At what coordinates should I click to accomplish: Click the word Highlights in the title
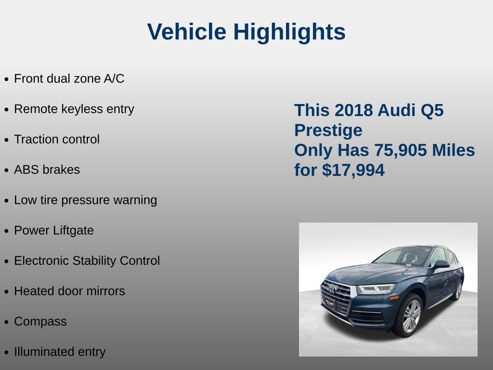[x=289, y=32]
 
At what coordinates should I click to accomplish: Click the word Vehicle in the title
[x=187, y=32]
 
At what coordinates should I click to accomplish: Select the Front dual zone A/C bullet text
[x=69, y=79]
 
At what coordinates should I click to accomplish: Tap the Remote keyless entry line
[x=74, y=109]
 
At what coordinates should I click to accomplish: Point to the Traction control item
[x=57, y=139]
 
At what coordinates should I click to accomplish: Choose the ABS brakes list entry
[x=47, y=170]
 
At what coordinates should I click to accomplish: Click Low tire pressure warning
[x=86, y=200]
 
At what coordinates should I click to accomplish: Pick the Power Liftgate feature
[x=54, y=230]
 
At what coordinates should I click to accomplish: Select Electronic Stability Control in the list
[x=87, y=261]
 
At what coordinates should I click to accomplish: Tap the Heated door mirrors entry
[x=69, y=291]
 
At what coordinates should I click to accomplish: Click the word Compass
[x=40, y=321]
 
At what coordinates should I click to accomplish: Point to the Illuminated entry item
[x=60, y=352]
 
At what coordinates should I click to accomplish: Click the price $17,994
[x=353, y=170]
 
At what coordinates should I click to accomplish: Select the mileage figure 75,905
[x=401, y=150]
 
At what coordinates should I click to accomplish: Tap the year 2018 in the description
[x=354, y=110]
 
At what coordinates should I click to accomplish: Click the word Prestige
[x=328, y=130]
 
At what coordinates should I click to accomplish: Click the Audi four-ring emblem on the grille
[x=331, y=288]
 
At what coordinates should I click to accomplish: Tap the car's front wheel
[x=409, y=316]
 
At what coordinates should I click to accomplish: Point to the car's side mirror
[x=441, y=264]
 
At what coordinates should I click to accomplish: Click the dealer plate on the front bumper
[x=330, y=304]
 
